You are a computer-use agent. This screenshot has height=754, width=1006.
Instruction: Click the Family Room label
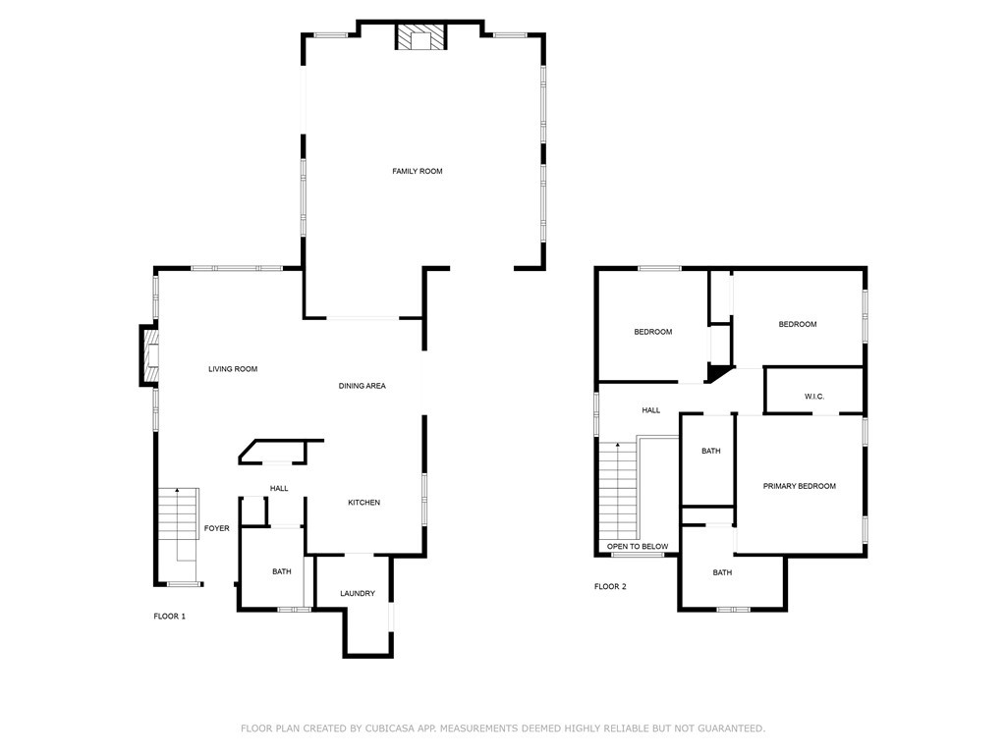(x=418, y=171)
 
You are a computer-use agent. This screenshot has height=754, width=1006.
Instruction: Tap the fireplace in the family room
(x=421, y=38)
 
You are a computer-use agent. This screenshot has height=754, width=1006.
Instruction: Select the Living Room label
(x=233, y=369)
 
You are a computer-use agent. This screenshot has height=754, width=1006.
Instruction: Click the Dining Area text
(x=362, y=386)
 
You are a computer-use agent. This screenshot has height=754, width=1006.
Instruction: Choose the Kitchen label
(x=363, y=503)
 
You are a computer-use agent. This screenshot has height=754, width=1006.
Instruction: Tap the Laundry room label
(x=358, y=593)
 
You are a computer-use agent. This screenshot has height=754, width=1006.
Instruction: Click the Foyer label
(x=216, y=528)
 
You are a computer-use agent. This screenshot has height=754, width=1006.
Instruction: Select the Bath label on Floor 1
(x=282, y=571)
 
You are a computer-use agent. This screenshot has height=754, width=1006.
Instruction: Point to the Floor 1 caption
(x=169, y=617)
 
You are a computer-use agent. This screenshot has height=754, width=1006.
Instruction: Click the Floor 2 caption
(x=610, y=586)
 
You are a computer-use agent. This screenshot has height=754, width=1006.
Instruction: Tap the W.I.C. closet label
(x=813, y=397)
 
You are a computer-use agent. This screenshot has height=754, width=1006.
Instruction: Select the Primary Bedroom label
(x=800, y=486)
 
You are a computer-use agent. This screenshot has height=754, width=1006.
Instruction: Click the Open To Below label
(x=637, y=546)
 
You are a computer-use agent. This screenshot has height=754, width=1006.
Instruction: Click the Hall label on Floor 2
(x=651, y=410)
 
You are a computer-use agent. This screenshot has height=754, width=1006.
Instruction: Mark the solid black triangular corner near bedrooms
(x=719, y=372)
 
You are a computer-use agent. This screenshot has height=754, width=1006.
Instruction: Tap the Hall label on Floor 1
(x=280, y=488)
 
